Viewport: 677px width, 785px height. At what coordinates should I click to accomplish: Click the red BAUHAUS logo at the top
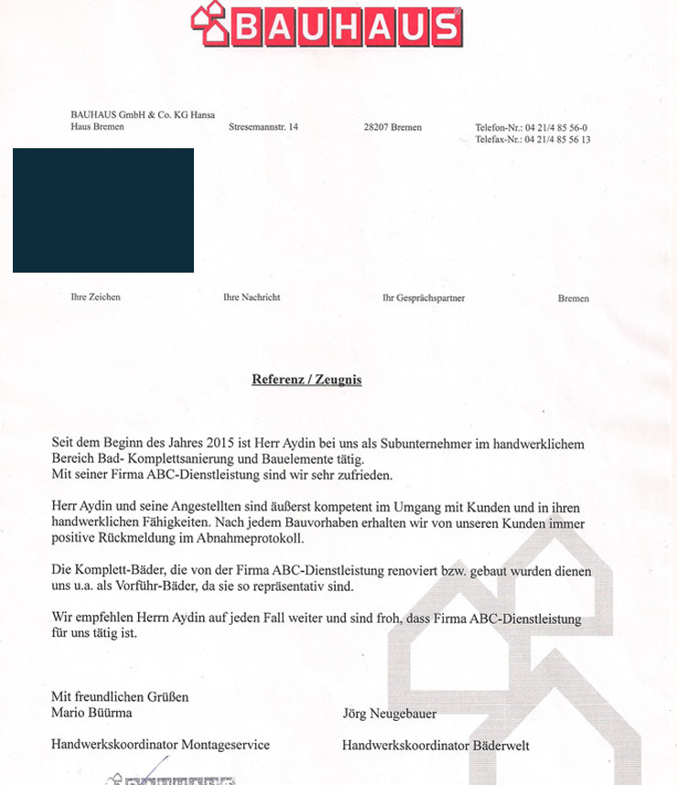click(327, 25)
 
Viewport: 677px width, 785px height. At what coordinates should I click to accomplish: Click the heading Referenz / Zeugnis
click(306, 380)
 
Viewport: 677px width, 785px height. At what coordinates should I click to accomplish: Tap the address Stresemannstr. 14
click(263, 127)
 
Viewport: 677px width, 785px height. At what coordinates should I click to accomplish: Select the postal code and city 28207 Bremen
click(392, 127)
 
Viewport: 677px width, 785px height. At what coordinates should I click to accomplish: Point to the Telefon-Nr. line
click(531, 127)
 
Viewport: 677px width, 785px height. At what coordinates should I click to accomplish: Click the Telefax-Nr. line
click(532, 140)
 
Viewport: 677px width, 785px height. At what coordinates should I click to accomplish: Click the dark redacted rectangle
click(103, 210)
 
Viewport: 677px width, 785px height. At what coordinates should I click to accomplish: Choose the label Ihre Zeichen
click(95, 297)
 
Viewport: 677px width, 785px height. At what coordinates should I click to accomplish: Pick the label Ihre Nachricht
click(252, 297)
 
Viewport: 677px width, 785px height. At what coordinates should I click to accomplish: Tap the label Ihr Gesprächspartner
click(423, 298)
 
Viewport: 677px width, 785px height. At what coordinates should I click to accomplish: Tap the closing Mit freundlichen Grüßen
click(120, 697)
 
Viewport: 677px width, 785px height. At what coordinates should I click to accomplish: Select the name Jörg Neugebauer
click(389, 714)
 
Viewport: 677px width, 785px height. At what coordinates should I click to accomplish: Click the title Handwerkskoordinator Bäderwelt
click(435, 746)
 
